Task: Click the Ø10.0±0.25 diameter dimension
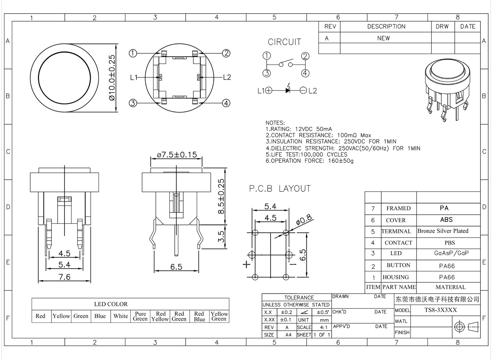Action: pyautogui.click(x=112, y=77)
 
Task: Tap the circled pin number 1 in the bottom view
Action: pyautogui.click(x=133, y=53)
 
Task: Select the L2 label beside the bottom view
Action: pyautogui.click(x=227, y=77)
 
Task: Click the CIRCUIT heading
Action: pyautogui.click(x=284, y=42)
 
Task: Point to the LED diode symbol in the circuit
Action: pyautogui.click(x=288, y=90)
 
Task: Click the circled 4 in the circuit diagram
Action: pyautogui.click(x=305, y=73)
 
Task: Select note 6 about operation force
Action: pyautogui.click(x=309, y=161)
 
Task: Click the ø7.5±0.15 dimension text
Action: pyautogui.click(x=177, y=155)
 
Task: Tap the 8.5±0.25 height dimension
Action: pyautogui.click(x=221, y=196)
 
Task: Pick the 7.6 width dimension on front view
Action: pyautogui.click(x=64, y=277)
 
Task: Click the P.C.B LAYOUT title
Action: pyautogui.click(x=280, y=189)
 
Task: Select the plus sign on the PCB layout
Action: pyautogui.click(x=246, y=264)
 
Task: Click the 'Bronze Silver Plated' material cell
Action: pyautogui.click(x=443, y=231)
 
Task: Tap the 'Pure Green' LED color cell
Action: pyautogui.click(x=140, y=316)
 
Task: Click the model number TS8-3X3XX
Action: pyautogui.click(x=441, y=310)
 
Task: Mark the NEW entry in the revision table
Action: pyautogui.click(x=383, y=38)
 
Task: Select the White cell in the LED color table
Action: pyautogui.click(x=120, y=316)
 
